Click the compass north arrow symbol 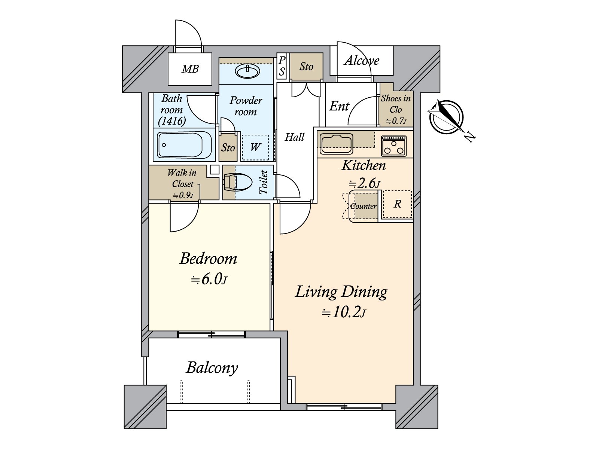(446, 117)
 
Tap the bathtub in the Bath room (180, 145)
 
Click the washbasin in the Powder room (247, 71)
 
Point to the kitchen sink (336, 144)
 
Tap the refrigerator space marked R (397, 204)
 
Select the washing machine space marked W (255, 147)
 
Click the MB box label (190, 69)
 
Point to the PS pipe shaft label (282, 66)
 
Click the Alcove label (362, 61)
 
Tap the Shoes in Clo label (396, 104)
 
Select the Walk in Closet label (182, 178)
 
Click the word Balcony (212, 368)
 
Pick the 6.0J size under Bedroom (209, 280)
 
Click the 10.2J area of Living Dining (343, 312)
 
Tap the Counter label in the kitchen (364, 206)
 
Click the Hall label (295, 137)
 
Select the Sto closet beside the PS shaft (306, 67)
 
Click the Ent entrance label (339, 107)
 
